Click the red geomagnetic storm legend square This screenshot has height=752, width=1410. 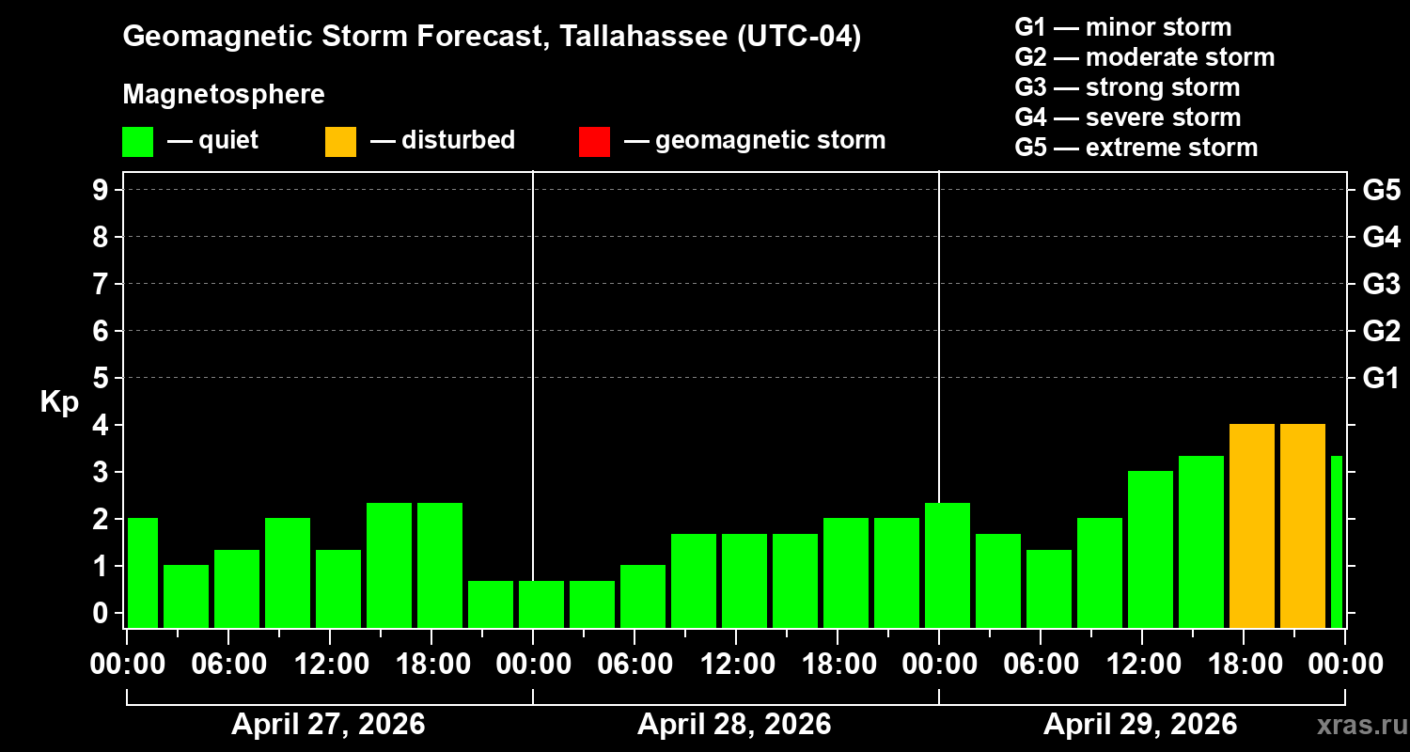tap(594, 142)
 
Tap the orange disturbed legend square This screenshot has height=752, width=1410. tap(340, 142)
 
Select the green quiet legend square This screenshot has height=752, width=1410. tap(137, 142)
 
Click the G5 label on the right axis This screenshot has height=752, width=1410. tap(1381, 190)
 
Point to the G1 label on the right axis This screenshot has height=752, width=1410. tap(1381, 378)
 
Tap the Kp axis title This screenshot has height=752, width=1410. tap(59, 402)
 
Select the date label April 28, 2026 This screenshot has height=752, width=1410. tap(734, 725)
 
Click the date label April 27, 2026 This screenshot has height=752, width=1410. tap(328, 725)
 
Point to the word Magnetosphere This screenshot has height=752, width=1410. tap(224, 95)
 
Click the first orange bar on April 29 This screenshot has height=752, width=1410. tap(1252, 525)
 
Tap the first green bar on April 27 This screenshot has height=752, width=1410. tap(142, 572)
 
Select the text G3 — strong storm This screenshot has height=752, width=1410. tap(1127, 87)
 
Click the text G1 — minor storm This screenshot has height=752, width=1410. tap(1123, 27)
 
